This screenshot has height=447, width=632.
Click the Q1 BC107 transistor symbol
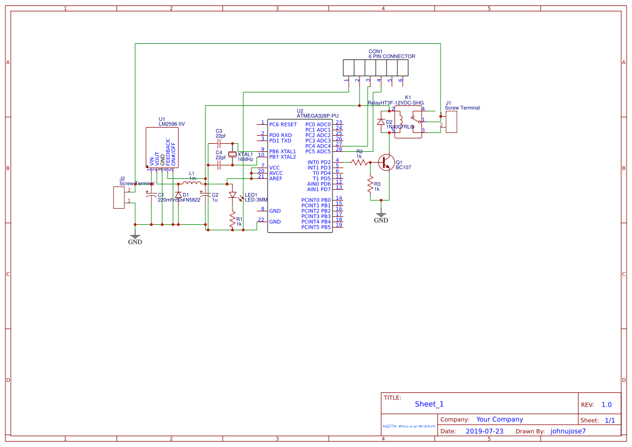[x=386, y=162]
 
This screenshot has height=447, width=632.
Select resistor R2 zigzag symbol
[x=359, y=162]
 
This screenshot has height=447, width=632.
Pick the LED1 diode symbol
[x=233, y=195]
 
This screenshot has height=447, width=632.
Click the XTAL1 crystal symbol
[x=232, y=154]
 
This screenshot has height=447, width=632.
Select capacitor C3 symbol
[x=218, y=144]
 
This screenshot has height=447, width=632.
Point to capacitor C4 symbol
[x=218, y=165]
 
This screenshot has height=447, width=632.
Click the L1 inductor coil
[x=192, y=184]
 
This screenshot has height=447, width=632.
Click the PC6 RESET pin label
[x=283, y=124]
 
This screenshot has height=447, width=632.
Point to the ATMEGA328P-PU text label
[x=318, y=116]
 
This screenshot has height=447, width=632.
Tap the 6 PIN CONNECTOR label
[x=392, y=56]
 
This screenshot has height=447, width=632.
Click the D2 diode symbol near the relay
[x=381, y=122]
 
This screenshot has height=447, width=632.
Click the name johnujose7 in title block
[x=568, y=431]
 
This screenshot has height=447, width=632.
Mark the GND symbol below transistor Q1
[x=381, y=217]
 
